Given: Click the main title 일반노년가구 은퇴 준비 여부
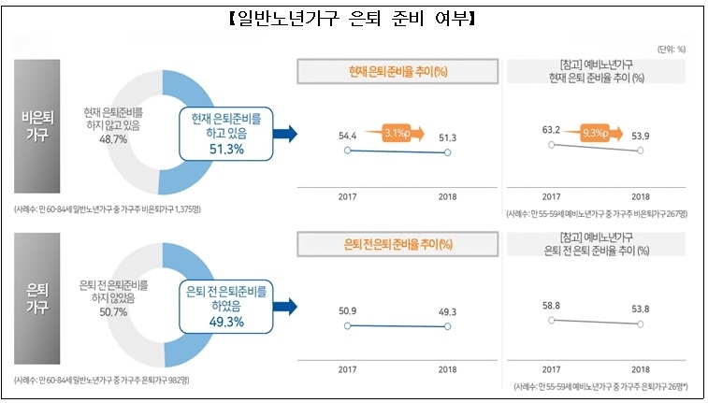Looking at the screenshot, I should pyautogui.click(x=354, y=18).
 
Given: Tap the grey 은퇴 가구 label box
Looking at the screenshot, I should pyautogui.click(x=40, y=300).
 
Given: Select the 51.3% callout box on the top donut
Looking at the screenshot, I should pyautogui.click(x=228, y=134).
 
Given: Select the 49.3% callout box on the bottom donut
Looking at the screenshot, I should pyautogui.click(x=228, y=306).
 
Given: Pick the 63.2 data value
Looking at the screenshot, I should pyautogui.click(x=552, y=130).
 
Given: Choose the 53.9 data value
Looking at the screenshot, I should pyautogui.click(x=640, y=137).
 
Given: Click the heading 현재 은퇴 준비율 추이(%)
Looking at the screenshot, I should pyautogui.click(x=397, y=71).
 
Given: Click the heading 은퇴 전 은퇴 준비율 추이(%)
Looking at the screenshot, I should pyautogui.click(x=397, y=244).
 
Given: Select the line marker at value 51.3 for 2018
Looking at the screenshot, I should pyautogui.click(x=448, y=152).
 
